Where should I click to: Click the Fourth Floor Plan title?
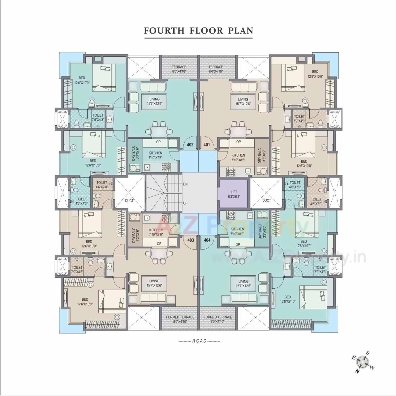pyautogui.click(x=199, y=31)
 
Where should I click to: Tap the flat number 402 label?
pyautogui.click(x=190, y=144)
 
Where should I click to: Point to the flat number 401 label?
pyautogui.click(x=207, y=144)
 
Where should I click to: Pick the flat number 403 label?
pyautogui.click(x=191, y=240)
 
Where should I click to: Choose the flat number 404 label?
pyautogui.click(x=207, y=240)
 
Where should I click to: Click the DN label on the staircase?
pyautogui.click(x=185, y=184)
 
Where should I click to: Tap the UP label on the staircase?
pyautogui.click(x=185, y=203)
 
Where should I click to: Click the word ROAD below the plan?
pyautogui.click(x=199, y=341)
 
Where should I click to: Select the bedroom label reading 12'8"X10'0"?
pyautogui.click(x=315, y=74)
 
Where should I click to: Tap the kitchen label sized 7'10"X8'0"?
pyautogui.click(x=237, y=231)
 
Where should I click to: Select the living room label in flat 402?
pyautogui.click(x=155, y=101)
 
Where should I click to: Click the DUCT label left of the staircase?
pyautogui.click(x=129, y=201)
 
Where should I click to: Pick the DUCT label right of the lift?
pyautogui.click(x=266, y=200)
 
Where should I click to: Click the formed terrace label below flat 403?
pyautogui.click(x=180, y=319)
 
